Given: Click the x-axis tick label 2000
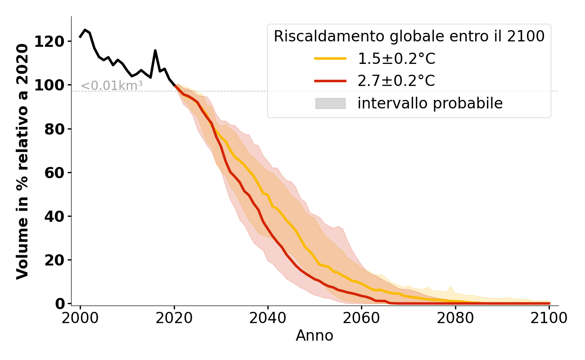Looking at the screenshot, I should tap(80, 319).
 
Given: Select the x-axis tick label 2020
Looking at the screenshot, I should tap(174, 319).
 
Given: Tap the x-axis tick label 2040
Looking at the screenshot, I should tap(268, 319).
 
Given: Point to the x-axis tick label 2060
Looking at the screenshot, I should tap(361, 319).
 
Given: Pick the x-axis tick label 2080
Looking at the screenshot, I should tap(455, 319).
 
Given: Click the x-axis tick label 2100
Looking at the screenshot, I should tap(549, 319).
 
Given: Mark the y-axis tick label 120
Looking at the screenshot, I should tap(55, 41).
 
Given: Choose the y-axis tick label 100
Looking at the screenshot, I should tap(55, 85).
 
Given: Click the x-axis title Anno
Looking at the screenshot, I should tap(315, 336).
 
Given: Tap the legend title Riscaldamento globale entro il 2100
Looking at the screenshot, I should tap(409, 36).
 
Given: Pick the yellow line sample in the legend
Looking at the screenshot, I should tap(330, 58).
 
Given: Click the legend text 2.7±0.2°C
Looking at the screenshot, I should tap(396, 81).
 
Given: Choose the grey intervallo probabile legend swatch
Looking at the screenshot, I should tap(330, 103).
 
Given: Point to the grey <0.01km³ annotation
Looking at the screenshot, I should tap(112, 85).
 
